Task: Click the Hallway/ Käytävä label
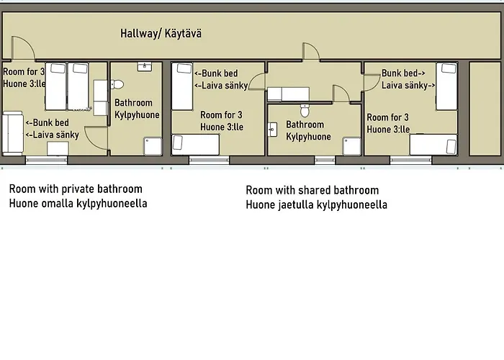161,33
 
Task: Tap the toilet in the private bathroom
118,84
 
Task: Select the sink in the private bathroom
143,66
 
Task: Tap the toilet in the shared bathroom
305,111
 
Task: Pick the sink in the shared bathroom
272,130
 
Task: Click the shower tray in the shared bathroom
350,145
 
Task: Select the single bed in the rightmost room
433,145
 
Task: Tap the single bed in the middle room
195,145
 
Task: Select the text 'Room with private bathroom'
76,189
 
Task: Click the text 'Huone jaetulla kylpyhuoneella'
316,204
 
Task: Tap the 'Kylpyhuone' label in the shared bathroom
308,136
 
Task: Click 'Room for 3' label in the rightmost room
388,117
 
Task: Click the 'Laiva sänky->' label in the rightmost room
408,85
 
